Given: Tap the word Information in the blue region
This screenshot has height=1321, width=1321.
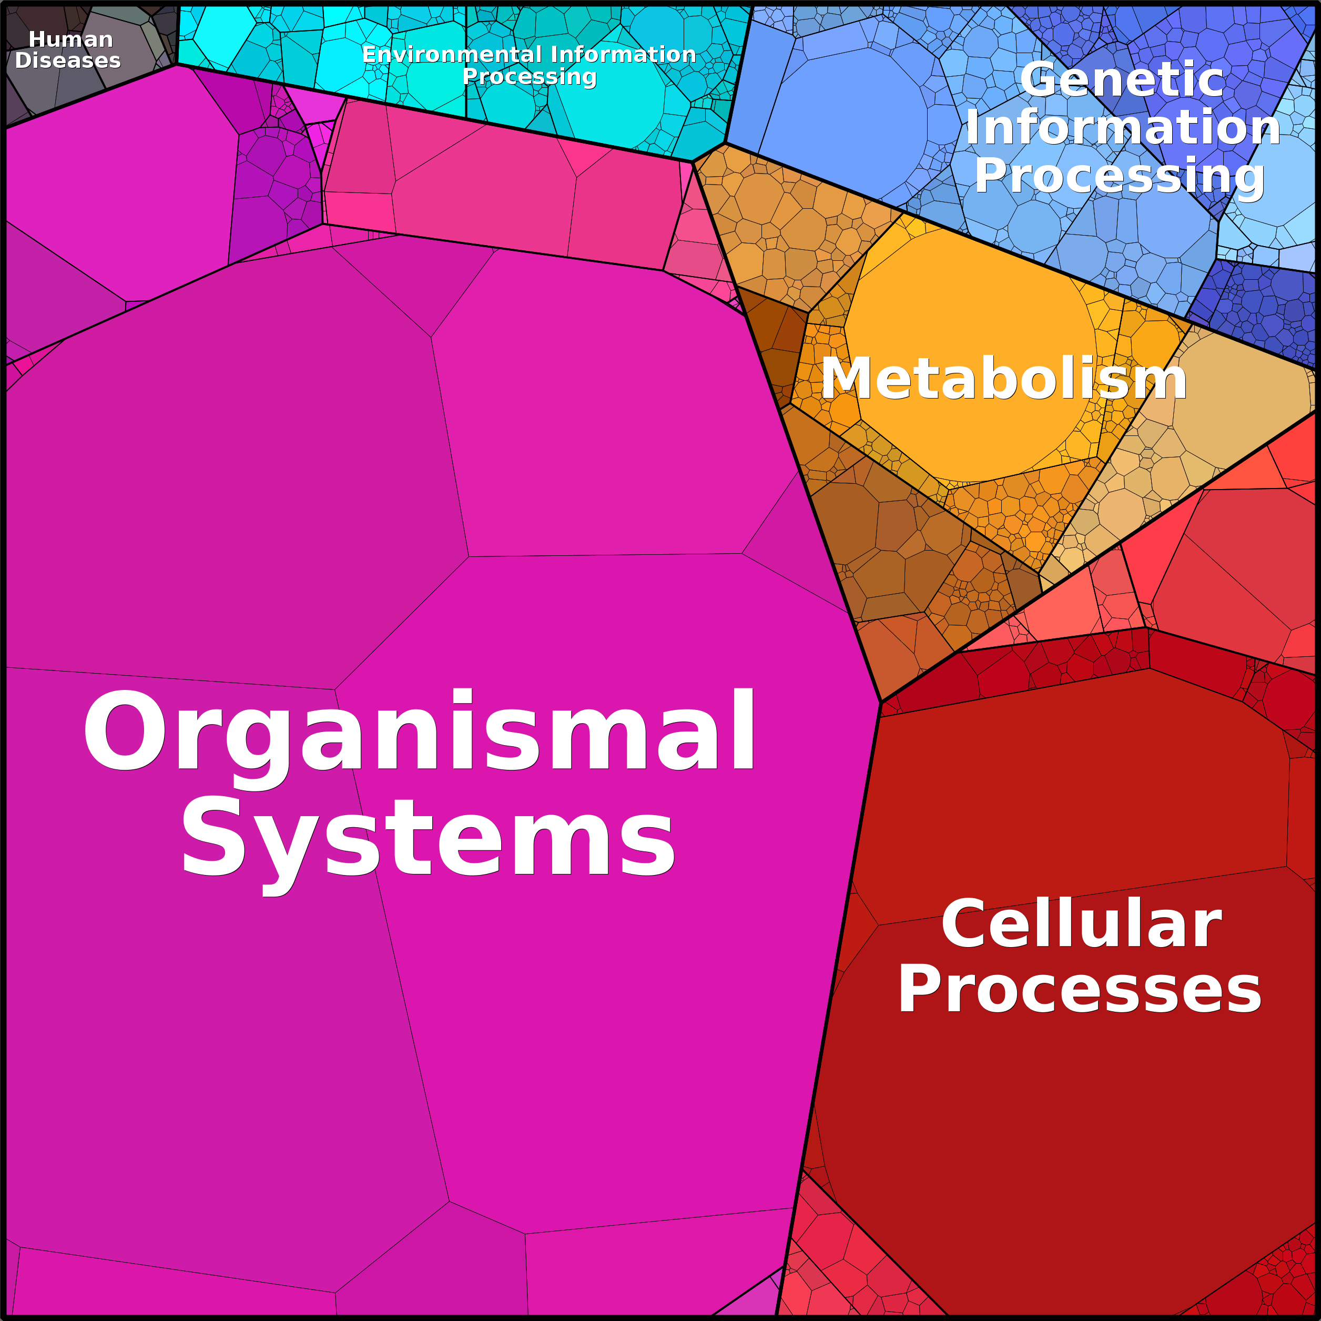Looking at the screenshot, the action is pos(1123,127).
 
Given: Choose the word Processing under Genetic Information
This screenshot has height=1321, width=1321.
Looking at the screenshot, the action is pos(1120,176).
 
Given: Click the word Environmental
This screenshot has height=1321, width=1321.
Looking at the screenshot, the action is pos(452,54).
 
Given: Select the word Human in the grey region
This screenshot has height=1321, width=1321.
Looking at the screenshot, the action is pos(70,39).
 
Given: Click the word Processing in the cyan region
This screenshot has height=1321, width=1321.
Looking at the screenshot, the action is pos(529,77).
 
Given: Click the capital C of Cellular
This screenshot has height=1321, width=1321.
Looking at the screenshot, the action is pos(963,924).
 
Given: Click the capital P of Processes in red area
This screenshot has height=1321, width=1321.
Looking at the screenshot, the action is pos(919,989).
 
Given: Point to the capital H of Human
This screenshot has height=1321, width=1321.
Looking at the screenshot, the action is pos(38,39).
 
